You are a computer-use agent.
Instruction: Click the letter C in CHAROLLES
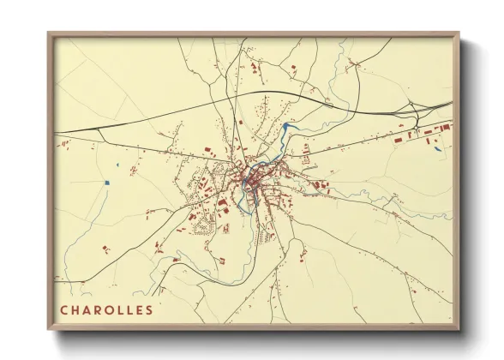click(x=65, y=309)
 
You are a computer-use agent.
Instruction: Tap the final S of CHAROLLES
click(x=150, y=309)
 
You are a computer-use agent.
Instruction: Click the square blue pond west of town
click(x=107, y=182)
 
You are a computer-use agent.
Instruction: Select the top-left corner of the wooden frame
click(x=49, y=33)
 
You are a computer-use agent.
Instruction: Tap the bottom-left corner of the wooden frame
click(x=49, y=330)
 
